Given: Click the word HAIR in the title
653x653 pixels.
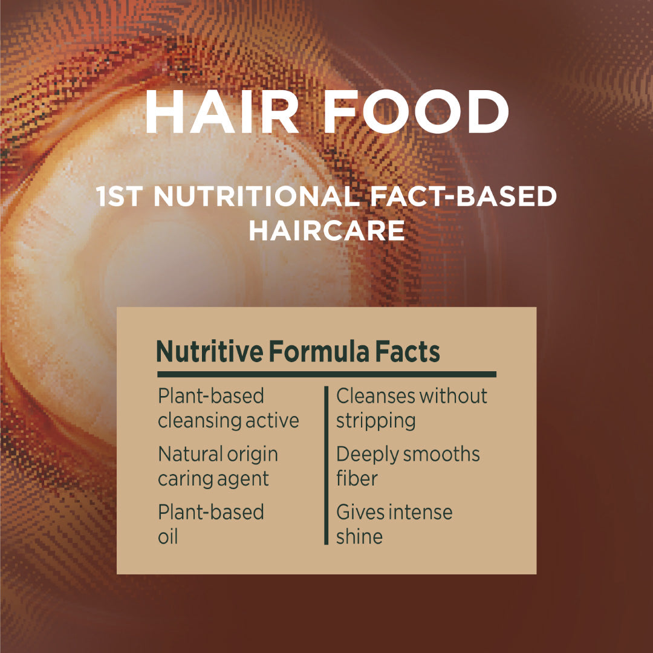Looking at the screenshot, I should pos(221,113).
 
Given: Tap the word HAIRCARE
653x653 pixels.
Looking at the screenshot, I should pos(326,231).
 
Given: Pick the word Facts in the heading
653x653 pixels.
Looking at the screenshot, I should pos(407,352).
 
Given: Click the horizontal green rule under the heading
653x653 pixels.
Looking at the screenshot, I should pos(326,374).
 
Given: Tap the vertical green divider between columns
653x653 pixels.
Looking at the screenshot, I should pos(326,466).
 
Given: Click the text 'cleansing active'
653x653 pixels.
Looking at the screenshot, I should pos(229,421).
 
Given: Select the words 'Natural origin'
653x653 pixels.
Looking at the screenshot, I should pos(218,454).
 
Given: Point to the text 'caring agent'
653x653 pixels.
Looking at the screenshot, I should pos(213,479).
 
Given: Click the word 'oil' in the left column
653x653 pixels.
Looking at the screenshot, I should pos(168,536).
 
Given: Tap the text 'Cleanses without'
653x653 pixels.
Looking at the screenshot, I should pos(412,396).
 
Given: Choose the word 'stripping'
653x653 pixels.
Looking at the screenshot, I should pos(375,421).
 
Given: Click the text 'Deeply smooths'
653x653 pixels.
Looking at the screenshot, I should pos(408,454).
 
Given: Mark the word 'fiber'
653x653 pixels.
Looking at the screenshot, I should pos(357,478).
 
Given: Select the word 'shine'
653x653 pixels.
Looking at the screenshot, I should pos(359,536).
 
